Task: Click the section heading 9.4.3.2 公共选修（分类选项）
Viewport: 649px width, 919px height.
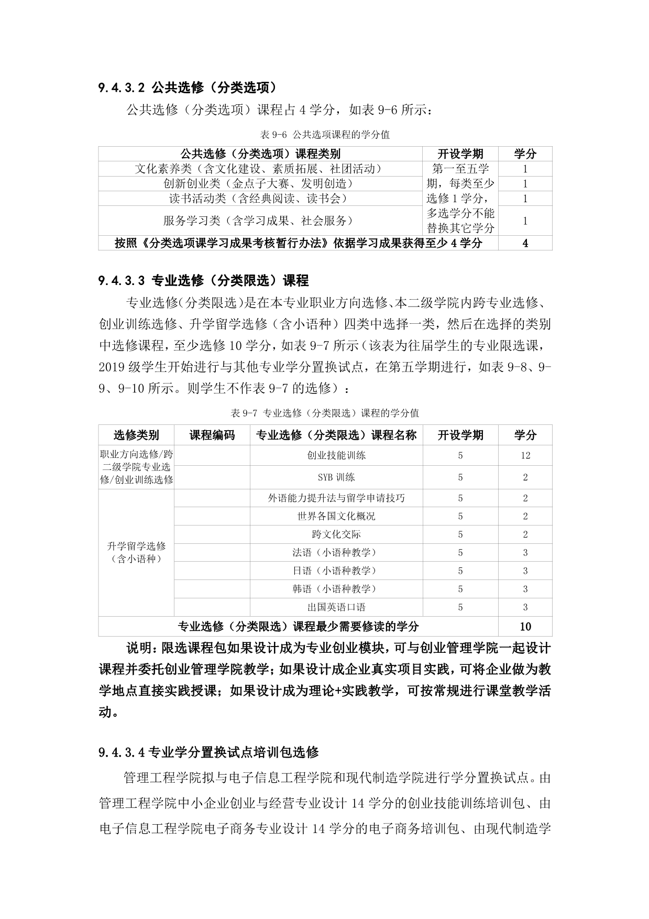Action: [x=187, y=87]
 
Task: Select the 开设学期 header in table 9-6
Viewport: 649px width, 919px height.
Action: [x=460, y=154]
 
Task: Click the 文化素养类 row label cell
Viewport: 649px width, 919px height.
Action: [x=260, y=169]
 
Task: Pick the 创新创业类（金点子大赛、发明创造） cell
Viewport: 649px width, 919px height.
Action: [x=260, y=184]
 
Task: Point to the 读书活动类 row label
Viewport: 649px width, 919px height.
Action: [x=260, y=199]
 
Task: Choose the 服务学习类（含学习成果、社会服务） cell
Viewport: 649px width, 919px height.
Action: [x=260, y=221]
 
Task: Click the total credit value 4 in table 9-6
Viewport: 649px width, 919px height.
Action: [x=525, y=243]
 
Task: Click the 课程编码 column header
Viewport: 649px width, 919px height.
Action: [x=212, y=435]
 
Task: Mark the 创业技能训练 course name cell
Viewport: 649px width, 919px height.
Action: [x=336, y=455]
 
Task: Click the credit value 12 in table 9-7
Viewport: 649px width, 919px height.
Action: [x=525, y=455]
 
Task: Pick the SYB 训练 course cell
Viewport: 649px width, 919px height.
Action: [x=336, y=477]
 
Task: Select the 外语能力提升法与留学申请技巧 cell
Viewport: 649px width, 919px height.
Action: [x=336, y=498]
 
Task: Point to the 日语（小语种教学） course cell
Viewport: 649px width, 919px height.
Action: [x=336, y=571]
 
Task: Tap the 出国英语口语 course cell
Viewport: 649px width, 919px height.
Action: [x=336, y=607]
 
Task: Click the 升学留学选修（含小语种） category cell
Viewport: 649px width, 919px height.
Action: [x=136, y=552]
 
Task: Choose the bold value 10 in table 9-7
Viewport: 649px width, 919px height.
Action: [x=525, y=627]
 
